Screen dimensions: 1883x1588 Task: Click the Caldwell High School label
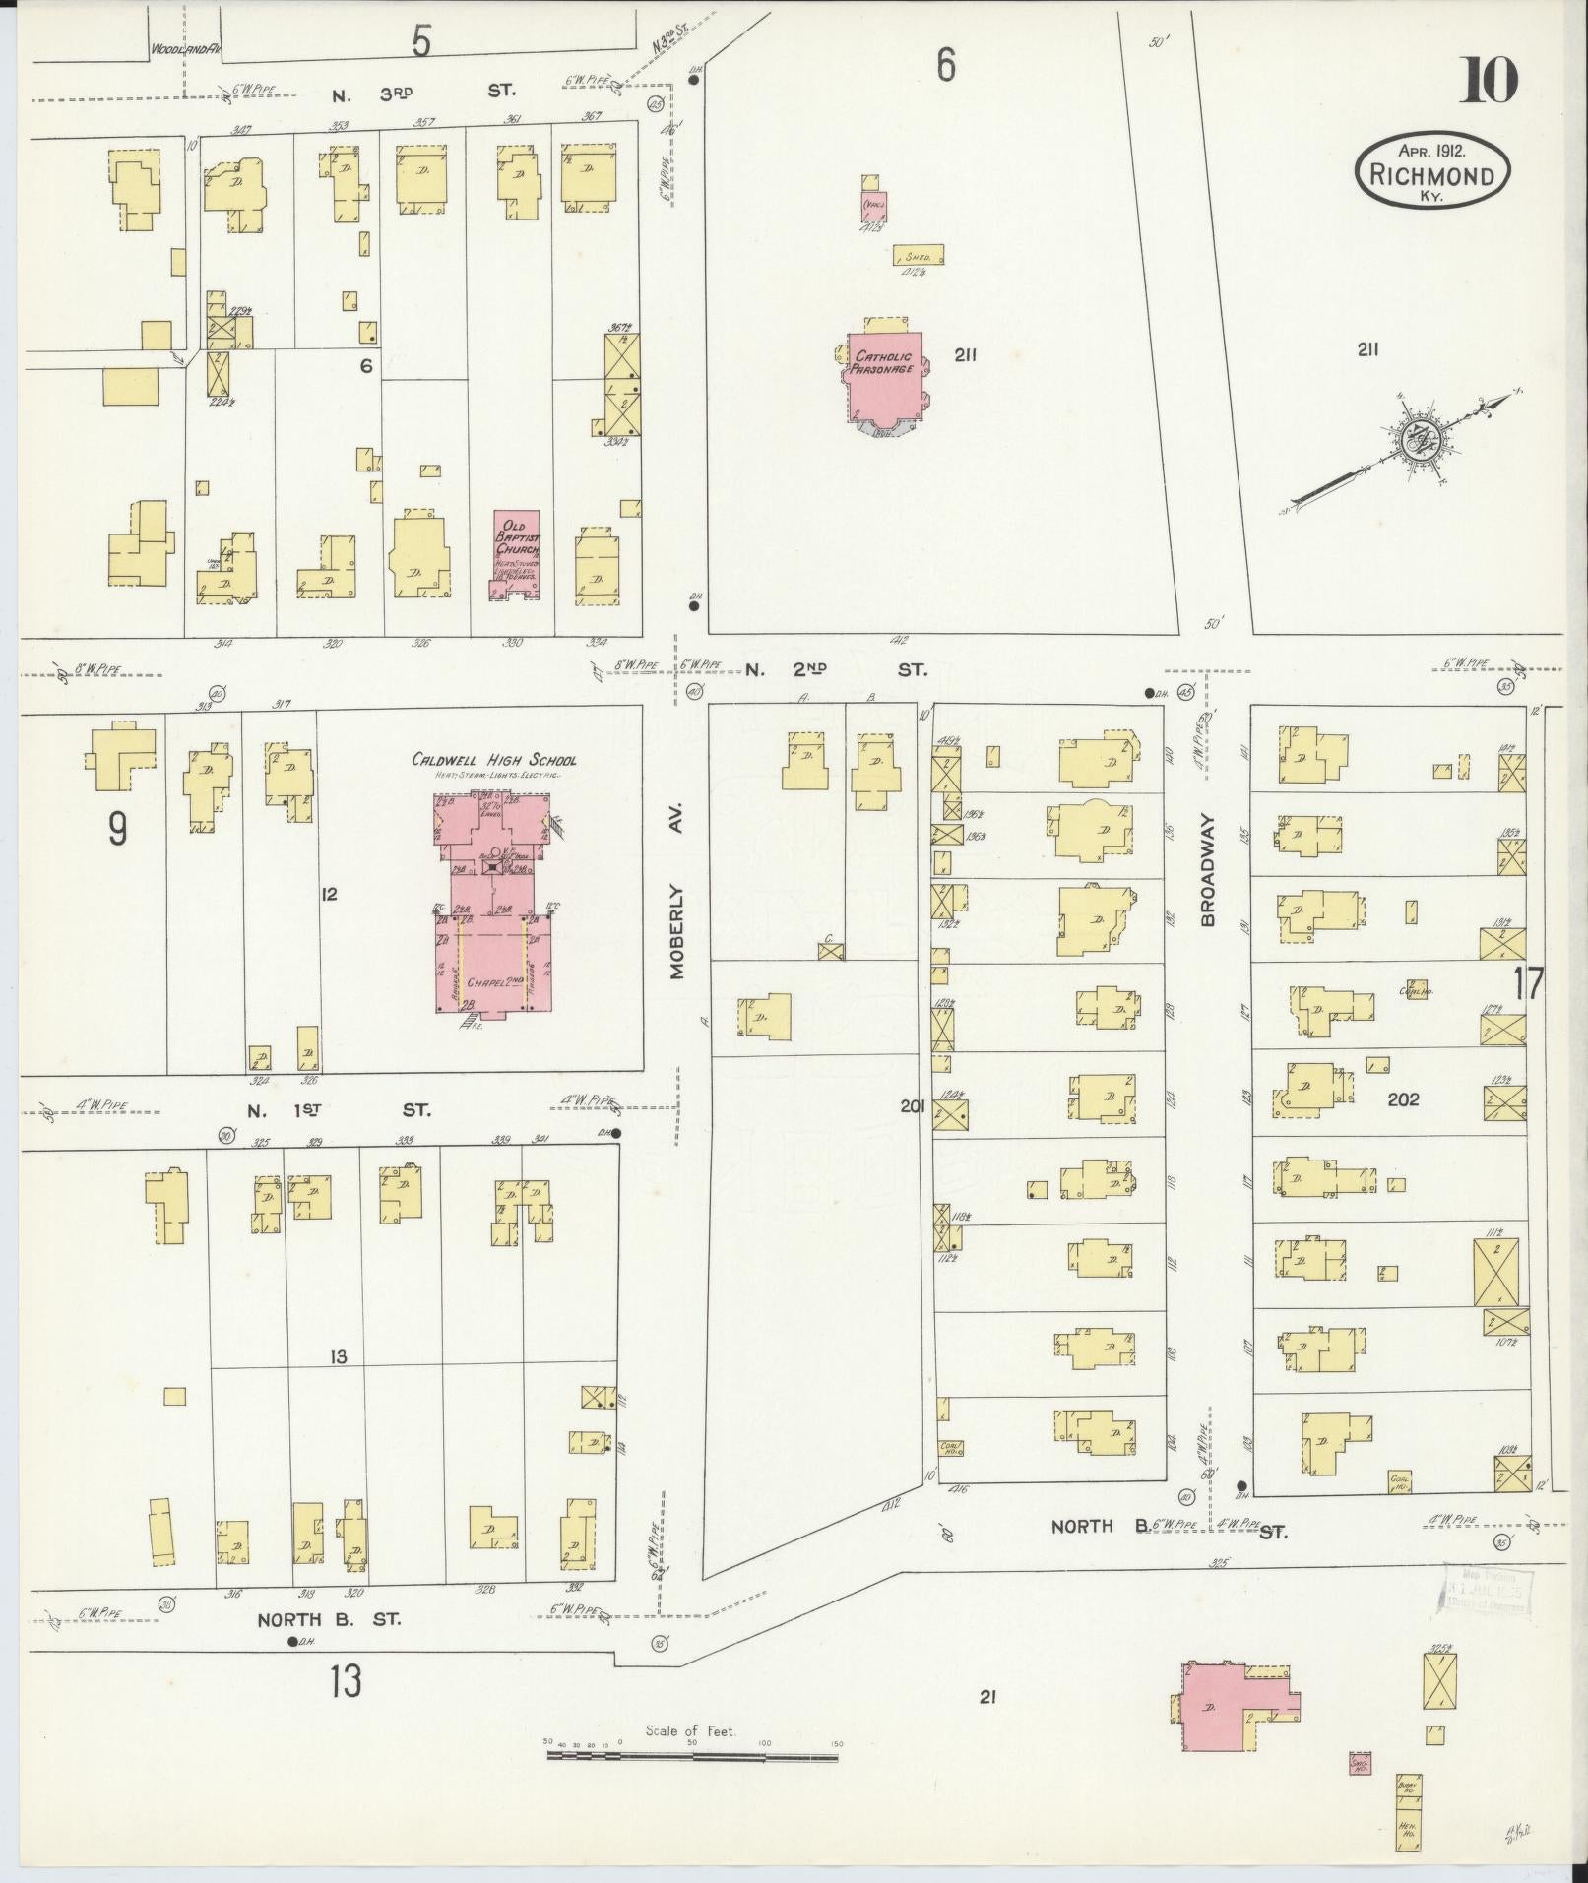tap(494, 760)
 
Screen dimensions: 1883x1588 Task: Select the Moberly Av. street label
tap(678, 930)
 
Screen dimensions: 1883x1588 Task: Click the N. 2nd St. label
tap(835, 670)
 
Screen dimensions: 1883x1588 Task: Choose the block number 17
tap(1529, 983)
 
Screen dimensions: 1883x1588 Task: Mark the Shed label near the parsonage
tap(919, 255)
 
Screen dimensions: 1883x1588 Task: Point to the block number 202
tap(1403, 1099)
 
